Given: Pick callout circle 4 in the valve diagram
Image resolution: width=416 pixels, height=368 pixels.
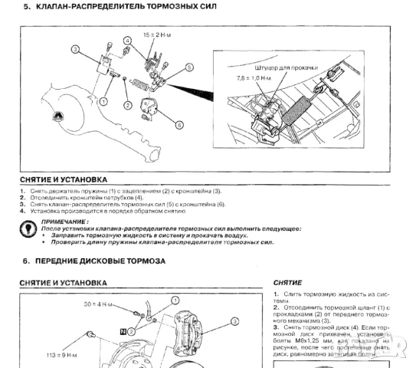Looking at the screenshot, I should [126, 40].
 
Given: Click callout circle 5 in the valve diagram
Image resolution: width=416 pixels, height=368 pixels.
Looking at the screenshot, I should [189, 68].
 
